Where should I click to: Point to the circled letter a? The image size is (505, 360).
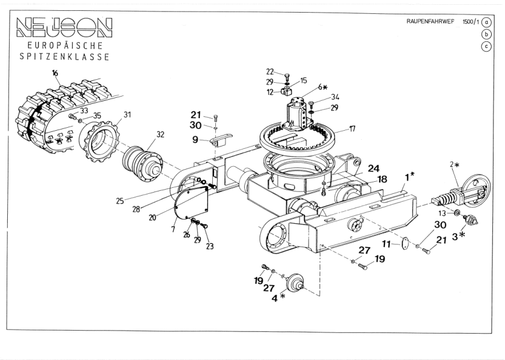coord(487,22)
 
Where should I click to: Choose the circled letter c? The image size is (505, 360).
coord(487,46)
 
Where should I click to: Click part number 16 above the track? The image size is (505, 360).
coord(55,73)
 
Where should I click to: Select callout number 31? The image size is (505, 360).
coord(127,115)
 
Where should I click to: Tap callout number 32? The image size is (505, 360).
coord(160,135)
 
